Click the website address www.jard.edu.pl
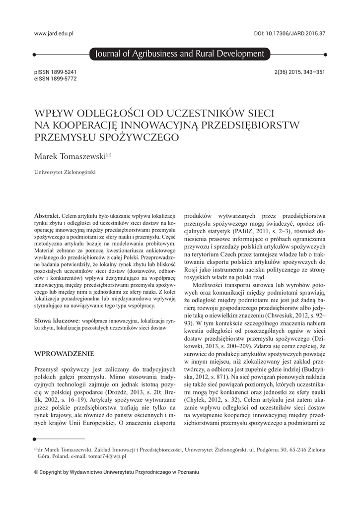(54, 33)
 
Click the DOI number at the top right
(289, 33)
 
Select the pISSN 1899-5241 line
(55, 72)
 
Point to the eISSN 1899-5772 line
(55, 78)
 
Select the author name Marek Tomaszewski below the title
(70, 156)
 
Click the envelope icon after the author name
(109, 155)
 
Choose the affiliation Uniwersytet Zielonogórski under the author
(65, 173)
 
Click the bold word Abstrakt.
(47, 216)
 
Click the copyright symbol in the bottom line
(36, 472)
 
